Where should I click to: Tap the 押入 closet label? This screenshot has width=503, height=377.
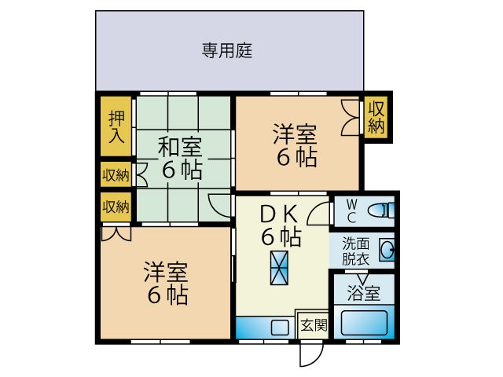pos(116,126)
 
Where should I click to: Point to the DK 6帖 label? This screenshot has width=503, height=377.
pos(279,223)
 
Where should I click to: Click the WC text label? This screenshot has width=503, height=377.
pos(351,210)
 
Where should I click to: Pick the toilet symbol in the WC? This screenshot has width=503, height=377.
pos(380,210)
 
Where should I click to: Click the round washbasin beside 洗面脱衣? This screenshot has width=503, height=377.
pos(387,251)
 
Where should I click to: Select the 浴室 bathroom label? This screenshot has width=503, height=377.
pos(364,294)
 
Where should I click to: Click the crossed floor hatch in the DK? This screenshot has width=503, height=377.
pos(279,267)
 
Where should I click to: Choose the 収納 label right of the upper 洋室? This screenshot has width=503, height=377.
pos(376,116)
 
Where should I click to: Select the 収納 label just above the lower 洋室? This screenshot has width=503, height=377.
pos(116,207)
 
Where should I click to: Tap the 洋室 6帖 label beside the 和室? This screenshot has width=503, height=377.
pos(296,145)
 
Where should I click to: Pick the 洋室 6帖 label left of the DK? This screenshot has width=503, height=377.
pos(165,283)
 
